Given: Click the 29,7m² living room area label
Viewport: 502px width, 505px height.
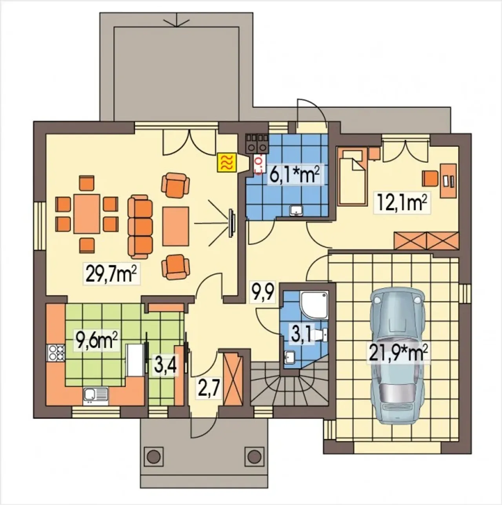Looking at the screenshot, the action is click(x=112, y=273).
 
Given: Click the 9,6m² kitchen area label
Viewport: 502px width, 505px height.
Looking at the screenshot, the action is click(x=96, y=340).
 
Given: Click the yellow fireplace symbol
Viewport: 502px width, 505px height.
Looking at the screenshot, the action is click(x=227, y=162).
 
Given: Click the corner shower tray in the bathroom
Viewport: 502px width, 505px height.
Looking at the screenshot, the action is click(x=314, y=306).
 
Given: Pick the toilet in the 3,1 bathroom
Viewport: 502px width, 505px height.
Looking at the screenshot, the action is click(x=320, y=335).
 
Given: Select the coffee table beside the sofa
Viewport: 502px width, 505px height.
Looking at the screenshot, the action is click(x=176, y=226).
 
